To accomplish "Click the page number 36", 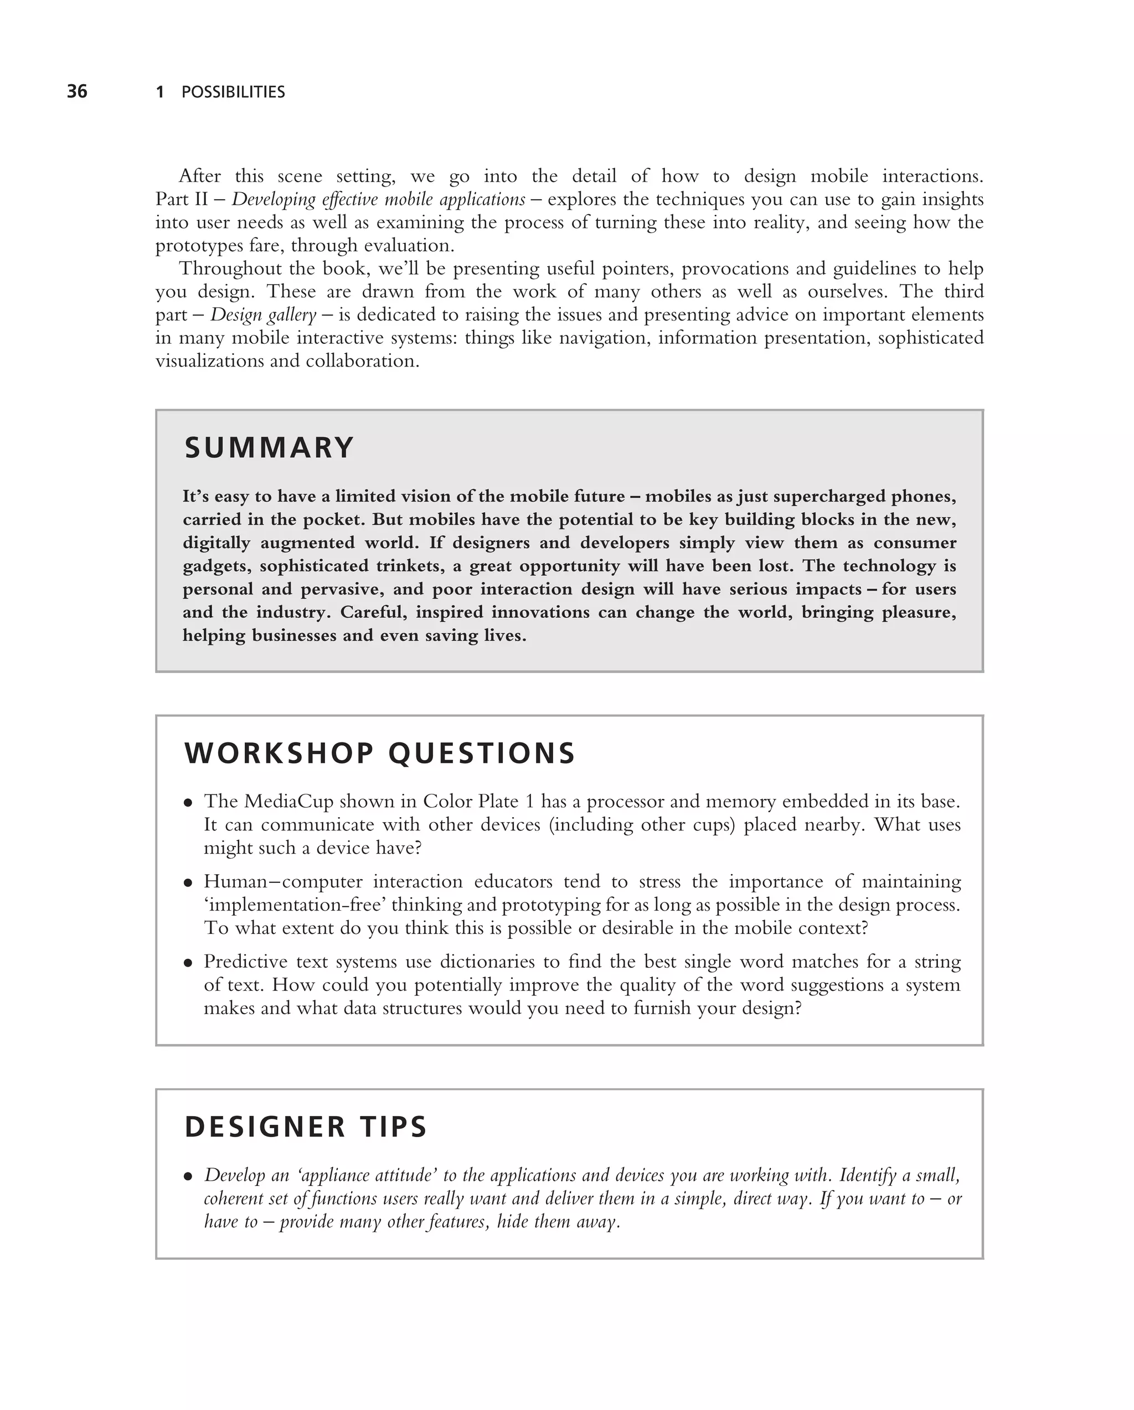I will point(77,91).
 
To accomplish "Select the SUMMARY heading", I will point(269,448).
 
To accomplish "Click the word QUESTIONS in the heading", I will point(481,753).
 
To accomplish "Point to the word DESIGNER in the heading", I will point(265,1127).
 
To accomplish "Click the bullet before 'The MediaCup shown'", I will point(188,803).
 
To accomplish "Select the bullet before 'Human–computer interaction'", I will point(188,883).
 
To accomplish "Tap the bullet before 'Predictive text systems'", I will point(188,963).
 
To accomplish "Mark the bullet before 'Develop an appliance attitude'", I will point(188,1176).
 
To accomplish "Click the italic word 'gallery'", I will point(292,315).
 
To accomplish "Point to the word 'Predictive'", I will point(246,962).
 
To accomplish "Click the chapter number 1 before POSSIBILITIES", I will point(159,92).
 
